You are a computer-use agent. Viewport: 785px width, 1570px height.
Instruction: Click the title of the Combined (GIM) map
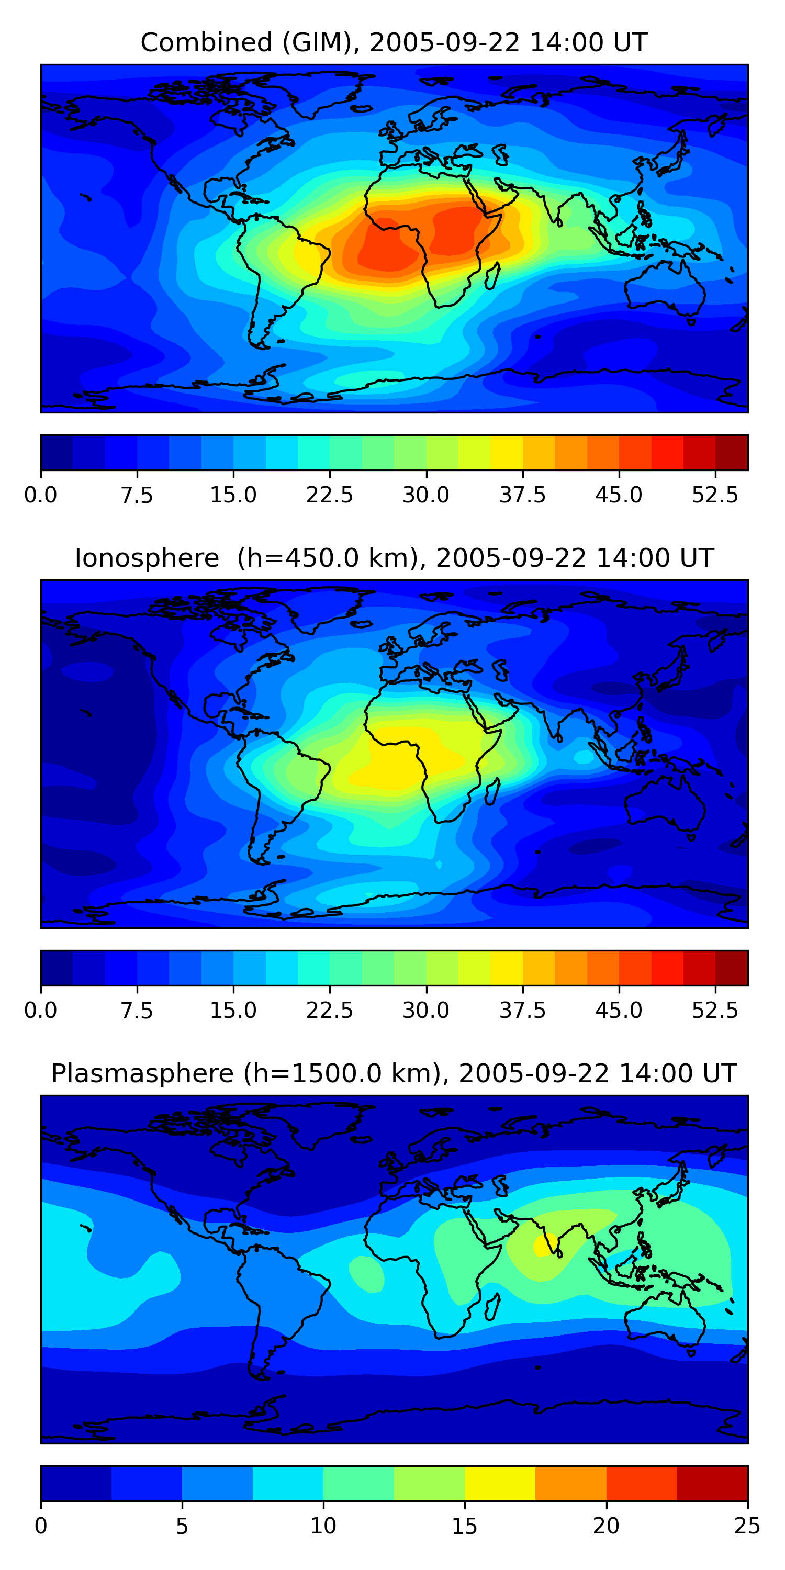point(393,43)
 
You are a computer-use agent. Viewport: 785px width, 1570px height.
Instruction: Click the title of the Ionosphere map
point(393,558)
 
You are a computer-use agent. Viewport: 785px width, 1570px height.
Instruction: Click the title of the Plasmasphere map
point(393,1073)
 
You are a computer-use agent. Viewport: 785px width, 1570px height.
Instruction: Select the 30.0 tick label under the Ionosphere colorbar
point(425,1011)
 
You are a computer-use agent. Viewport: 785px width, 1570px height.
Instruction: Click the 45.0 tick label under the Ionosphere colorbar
point(619,1011)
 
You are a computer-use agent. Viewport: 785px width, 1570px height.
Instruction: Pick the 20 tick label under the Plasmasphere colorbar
point(606,1526)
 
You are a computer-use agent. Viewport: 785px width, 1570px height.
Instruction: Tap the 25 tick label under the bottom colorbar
point(747,1526)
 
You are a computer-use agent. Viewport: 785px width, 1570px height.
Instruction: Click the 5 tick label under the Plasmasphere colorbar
point(182,1526)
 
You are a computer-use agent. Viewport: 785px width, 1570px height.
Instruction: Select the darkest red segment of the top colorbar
point(732,452)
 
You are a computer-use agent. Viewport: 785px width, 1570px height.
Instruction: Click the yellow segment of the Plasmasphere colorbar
point(500,1483)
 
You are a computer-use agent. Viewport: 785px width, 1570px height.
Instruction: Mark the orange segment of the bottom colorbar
point(570,1483)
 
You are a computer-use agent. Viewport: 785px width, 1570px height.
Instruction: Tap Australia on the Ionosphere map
point(664,801)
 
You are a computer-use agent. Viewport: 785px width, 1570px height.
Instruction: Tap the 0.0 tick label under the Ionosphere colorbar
point(40,1011)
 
